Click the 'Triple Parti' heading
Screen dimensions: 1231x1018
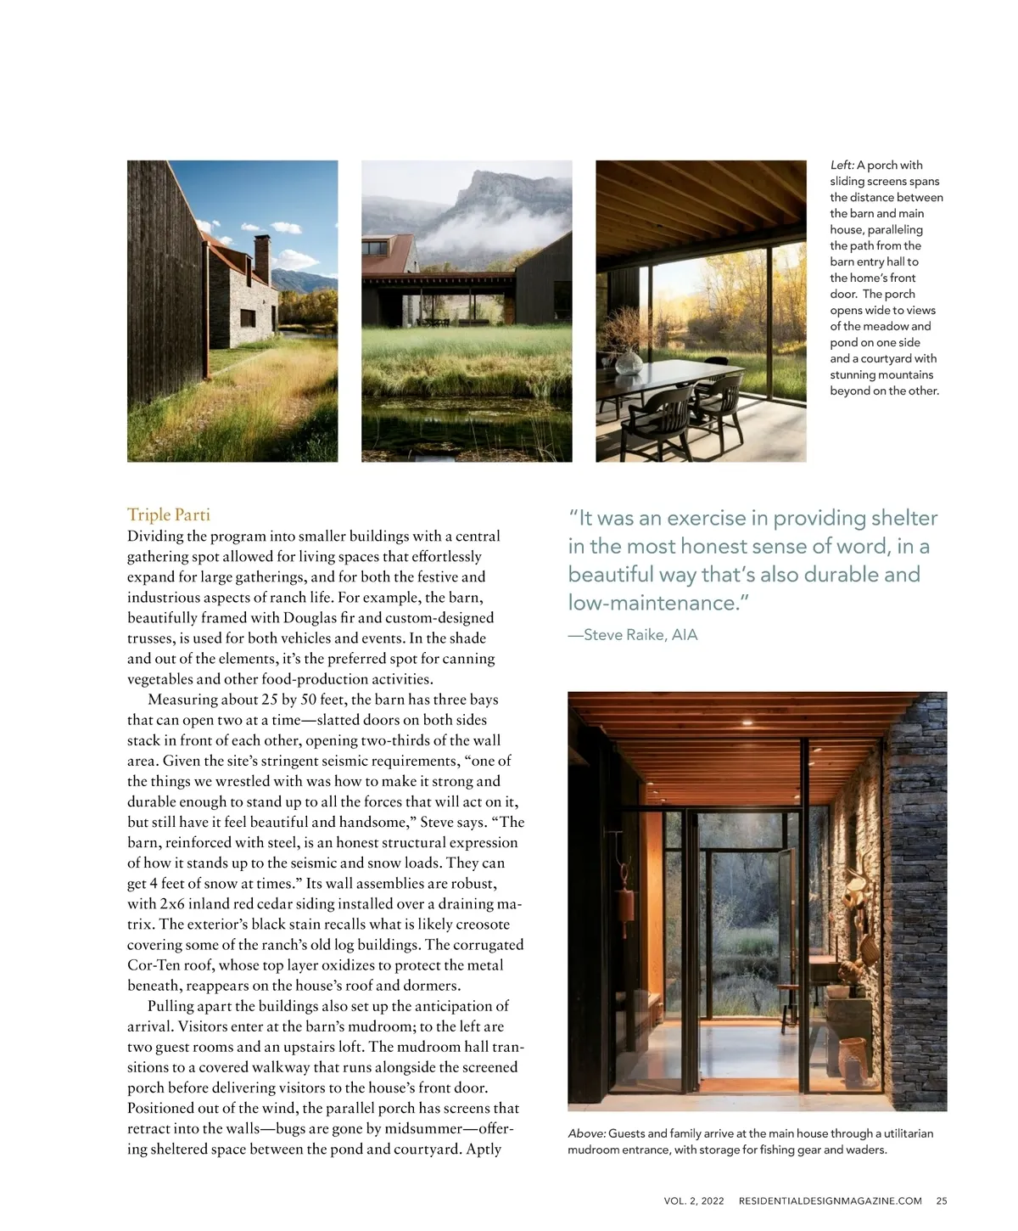coord(168,514)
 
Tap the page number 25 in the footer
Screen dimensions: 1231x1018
coord(942,1200)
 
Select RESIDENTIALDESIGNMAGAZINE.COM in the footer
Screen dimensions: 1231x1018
coord(830,1200)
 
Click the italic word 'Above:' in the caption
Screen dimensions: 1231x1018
coord(586,1133)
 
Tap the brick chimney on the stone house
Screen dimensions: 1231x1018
coord(262,254)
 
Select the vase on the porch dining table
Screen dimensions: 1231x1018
coord(629,363)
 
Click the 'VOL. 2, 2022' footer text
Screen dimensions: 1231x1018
coord(694,1200)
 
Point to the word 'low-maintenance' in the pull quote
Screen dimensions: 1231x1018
coord(652,603)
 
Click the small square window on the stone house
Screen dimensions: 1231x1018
coord(248,318)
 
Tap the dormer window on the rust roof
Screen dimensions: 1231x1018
coord(376,248)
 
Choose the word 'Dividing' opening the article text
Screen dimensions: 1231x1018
coord(156,536)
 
